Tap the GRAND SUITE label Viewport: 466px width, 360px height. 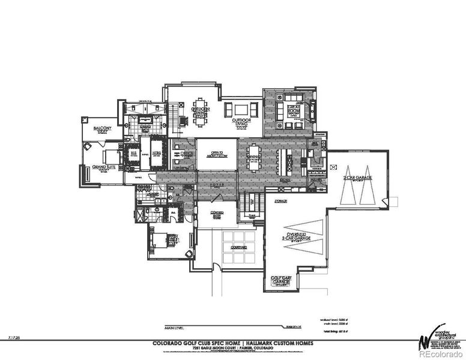[x=102, y=168]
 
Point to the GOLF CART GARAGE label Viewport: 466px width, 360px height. [x=281, y=280]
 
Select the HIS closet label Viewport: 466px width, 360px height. [x=133, y=154]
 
